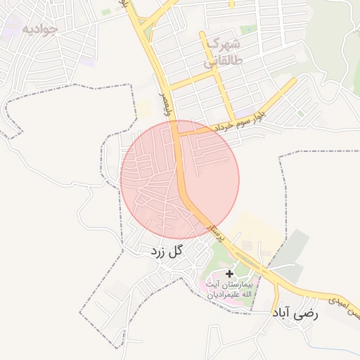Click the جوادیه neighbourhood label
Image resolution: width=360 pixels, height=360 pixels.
tap(40, 29)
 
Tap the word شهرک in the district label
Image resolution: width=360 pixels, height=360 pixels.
tap(218, 43)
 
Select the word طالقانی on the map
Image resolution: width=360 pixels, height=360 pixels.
tap(221, 61)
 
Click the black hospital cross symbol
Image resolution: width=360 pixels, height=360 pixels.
tap(229, 273)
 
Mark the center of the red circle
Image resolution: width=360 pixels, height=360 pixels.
tap(180, 179)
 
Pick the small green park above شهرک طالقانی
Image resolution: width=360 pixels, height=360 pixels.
tap(247, 30)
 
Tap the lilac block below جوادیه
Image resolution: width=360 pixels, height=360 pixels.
tap(89, 62)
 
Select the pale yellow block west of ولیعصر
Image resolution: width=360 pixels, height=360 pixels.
tap(145, 110)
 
